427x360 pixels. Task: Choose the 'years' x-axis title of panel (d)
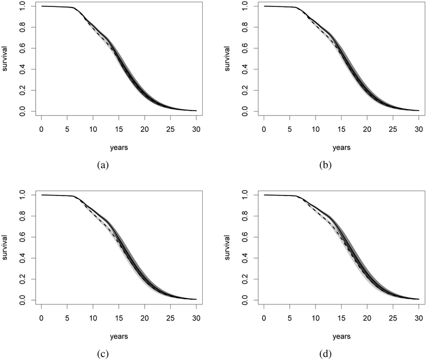pyautogui.click(x=341, y=336)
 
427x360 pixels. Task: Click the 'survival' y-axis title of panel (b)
pyautogui.click(x=231, y=59)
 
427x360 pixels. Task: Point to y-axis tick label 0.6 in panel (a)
pyautogui.click(x=23, y=48)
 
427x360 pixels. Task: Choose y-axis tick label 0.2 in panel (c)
pyautogui.click(x=23, y=280)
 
